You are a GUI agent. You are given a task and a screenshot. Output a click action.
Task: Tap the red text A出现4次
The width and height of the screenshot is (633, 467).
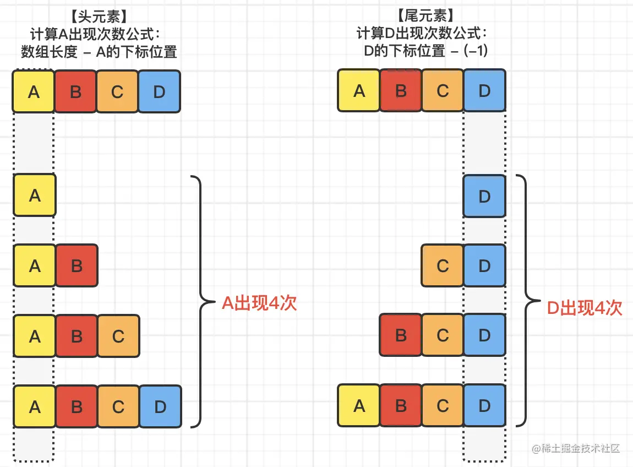pos(259,303)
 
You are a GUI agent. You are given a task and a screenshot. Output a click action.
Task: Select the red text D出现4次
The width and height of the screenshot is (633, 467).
pos(584,307)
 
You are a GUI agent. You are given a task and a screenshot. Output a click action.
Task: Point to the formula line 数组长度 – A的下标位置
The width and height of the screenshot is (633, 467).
pos(99,52)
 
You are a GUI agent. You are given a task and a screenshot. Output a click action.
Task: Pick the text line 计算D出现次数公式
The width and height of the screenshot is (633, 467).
pos(422,34)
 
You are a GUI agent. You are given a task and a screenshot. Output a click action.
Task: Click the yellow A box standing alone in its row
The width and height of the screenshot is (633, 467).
pos(35,195)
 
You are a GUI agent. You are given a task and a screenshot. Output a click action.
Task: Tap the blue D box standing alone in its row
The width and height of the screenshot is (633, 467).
pos(484,196)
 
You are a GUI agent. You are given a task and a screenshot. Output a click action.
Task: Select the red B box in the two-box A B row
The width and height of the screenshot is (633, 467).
pos(77,266)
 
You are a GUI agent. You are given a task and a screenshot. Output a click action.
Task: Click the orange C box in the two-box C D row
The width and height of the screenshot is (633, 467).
pos(443,266)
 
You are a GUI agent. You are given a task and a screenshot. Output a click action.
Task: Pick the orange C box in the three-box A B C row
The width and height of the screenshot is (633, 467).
pos(118,336)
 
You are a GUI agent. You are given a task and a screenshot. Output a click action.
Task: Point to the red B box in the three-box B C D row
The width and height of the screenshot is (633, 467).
pos(401,335)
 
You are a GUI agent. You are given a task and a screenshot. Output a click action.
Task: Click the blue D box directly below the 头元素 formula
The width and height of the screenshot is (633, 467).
pos(159,91)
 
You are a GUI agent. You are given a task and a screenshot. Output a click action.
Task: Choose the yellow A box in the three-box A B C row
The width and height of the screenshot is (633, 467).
pos(35,336)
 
